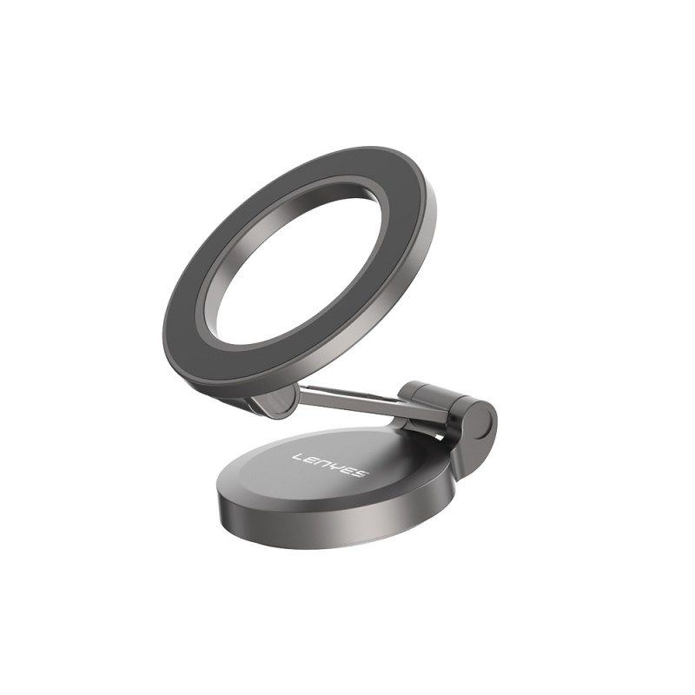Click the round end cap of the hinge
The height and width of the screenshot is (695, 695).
click(x=480, y=426)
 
